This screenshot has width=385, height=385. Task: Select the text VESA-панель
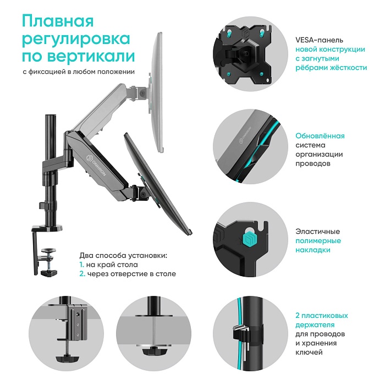click(x=319, y=40)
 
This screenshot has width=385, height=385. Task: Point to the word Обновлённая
click(x=320, y=135)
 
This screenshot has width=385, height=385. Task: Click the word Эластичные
click(x=318, y=232)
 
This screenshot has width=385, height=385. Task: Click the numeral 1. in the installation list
click(x=81, y=265)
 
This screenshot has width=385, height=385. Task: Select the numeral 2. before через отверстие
click(x=82, y=273)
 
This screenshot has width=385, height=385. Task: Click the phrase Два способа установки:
click(x=123, y=256)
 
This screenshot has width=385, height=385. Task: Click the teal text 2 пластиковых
click(x=321, y=316)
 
